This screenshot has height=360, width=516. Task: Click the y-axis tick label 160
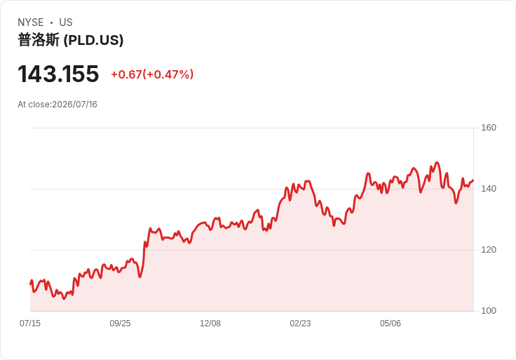pyautogui.click(x=489, y=128)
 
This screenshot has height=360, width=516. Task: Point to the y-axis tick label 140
pyautogui.click(x=489, y=189)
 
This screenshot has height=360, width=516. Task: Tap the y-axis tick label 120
pyautogui.click(x=489, y=250)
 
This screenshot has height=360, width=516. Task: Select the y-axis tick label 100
pyautogui.click(x=489, y=311)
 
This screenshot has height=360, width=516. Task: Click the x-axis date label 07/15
pyautogui.click(x=30, y=324)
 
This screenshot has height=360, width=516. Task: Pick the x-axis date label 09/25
pyautogui.click(x=120, y=324)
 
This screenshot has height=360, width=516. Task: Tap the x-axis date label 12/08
pyautogui.click(x=210, y=324)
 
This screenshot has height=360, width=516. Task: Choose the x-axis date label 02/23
pyautogui.click(x=300, y=324)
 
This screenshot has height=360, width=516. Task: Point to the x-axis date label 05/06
pyautogui.click(x=391, y=324)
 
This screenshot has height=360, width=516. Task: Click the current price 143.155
pyautogui.click(x=58, y=74)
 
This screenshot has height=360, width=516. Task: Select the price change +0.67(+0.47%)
pyautogui.click(x=152, y=74)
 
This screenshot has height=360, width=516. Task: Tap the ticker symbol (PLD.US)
pyautogui.click(x=93, y=40)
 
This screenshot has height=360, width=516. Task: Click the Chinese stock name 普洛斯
pyautogui.click(x=39, y=40)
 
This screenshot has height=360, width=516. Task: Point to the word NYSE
pyautogui.click(x=31, y=22)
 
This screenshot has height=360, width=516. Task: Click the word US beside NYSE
pyautogui.click(x=66, y=22)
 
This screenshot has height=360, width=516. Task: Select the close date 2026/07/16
pyautogui.click(x=75, y=105)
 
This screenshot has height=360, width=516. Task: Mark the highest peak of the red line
pyautogui.click(x=437, y=162)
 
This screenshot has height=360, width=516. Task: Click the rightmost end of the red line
pyautogui.click(x=473, y=180)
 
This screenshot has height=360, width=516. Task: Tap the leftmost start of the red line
pyautogui.click(x=31, y=284)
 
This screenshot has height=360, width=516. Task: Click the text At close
pyautogui.click(x=34, y=105)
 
